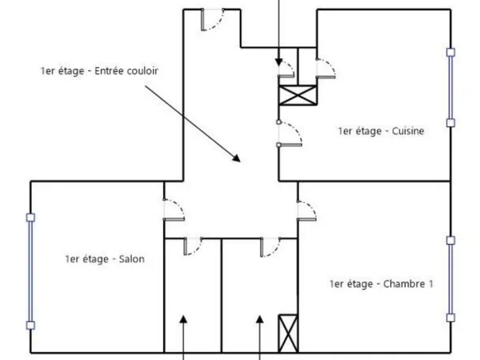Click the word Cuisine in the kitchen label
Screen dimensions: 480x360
408,131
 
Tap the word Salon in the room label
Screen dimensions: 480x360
132,259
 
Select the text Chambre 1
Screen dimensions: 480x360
408,284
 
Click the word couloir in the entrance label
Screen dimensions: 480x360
142,71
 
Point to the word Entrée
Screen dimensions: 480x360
108,71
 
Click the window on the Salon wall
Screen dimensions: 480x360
30,271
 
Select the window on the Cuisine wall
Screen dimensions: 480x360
450,87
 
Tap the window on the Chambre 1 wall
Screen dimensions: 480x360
450,279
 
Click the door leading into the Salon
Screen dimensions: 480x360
174,210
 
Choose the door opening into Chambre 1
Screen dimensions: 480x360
306,210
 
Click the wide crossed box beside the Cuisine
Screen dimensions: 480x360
298,95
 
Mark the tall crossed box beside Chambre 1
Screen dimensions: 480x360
288,334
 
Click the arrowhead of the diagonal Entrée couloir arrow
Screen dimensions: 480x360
236,158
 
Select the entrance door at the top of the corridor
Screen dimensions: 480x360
213,19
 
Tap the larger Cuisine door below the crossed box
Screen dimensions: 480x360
290,134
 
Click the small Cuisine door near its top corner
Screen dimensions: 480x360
326,68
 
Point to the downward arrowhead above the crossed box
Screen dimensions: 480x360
278,62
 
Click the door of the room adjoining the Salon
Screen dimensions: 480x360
193,246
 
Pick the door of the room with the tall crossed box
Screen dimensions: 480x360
270,246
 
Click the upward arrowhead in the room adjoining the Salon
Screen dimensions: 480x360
183,319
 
